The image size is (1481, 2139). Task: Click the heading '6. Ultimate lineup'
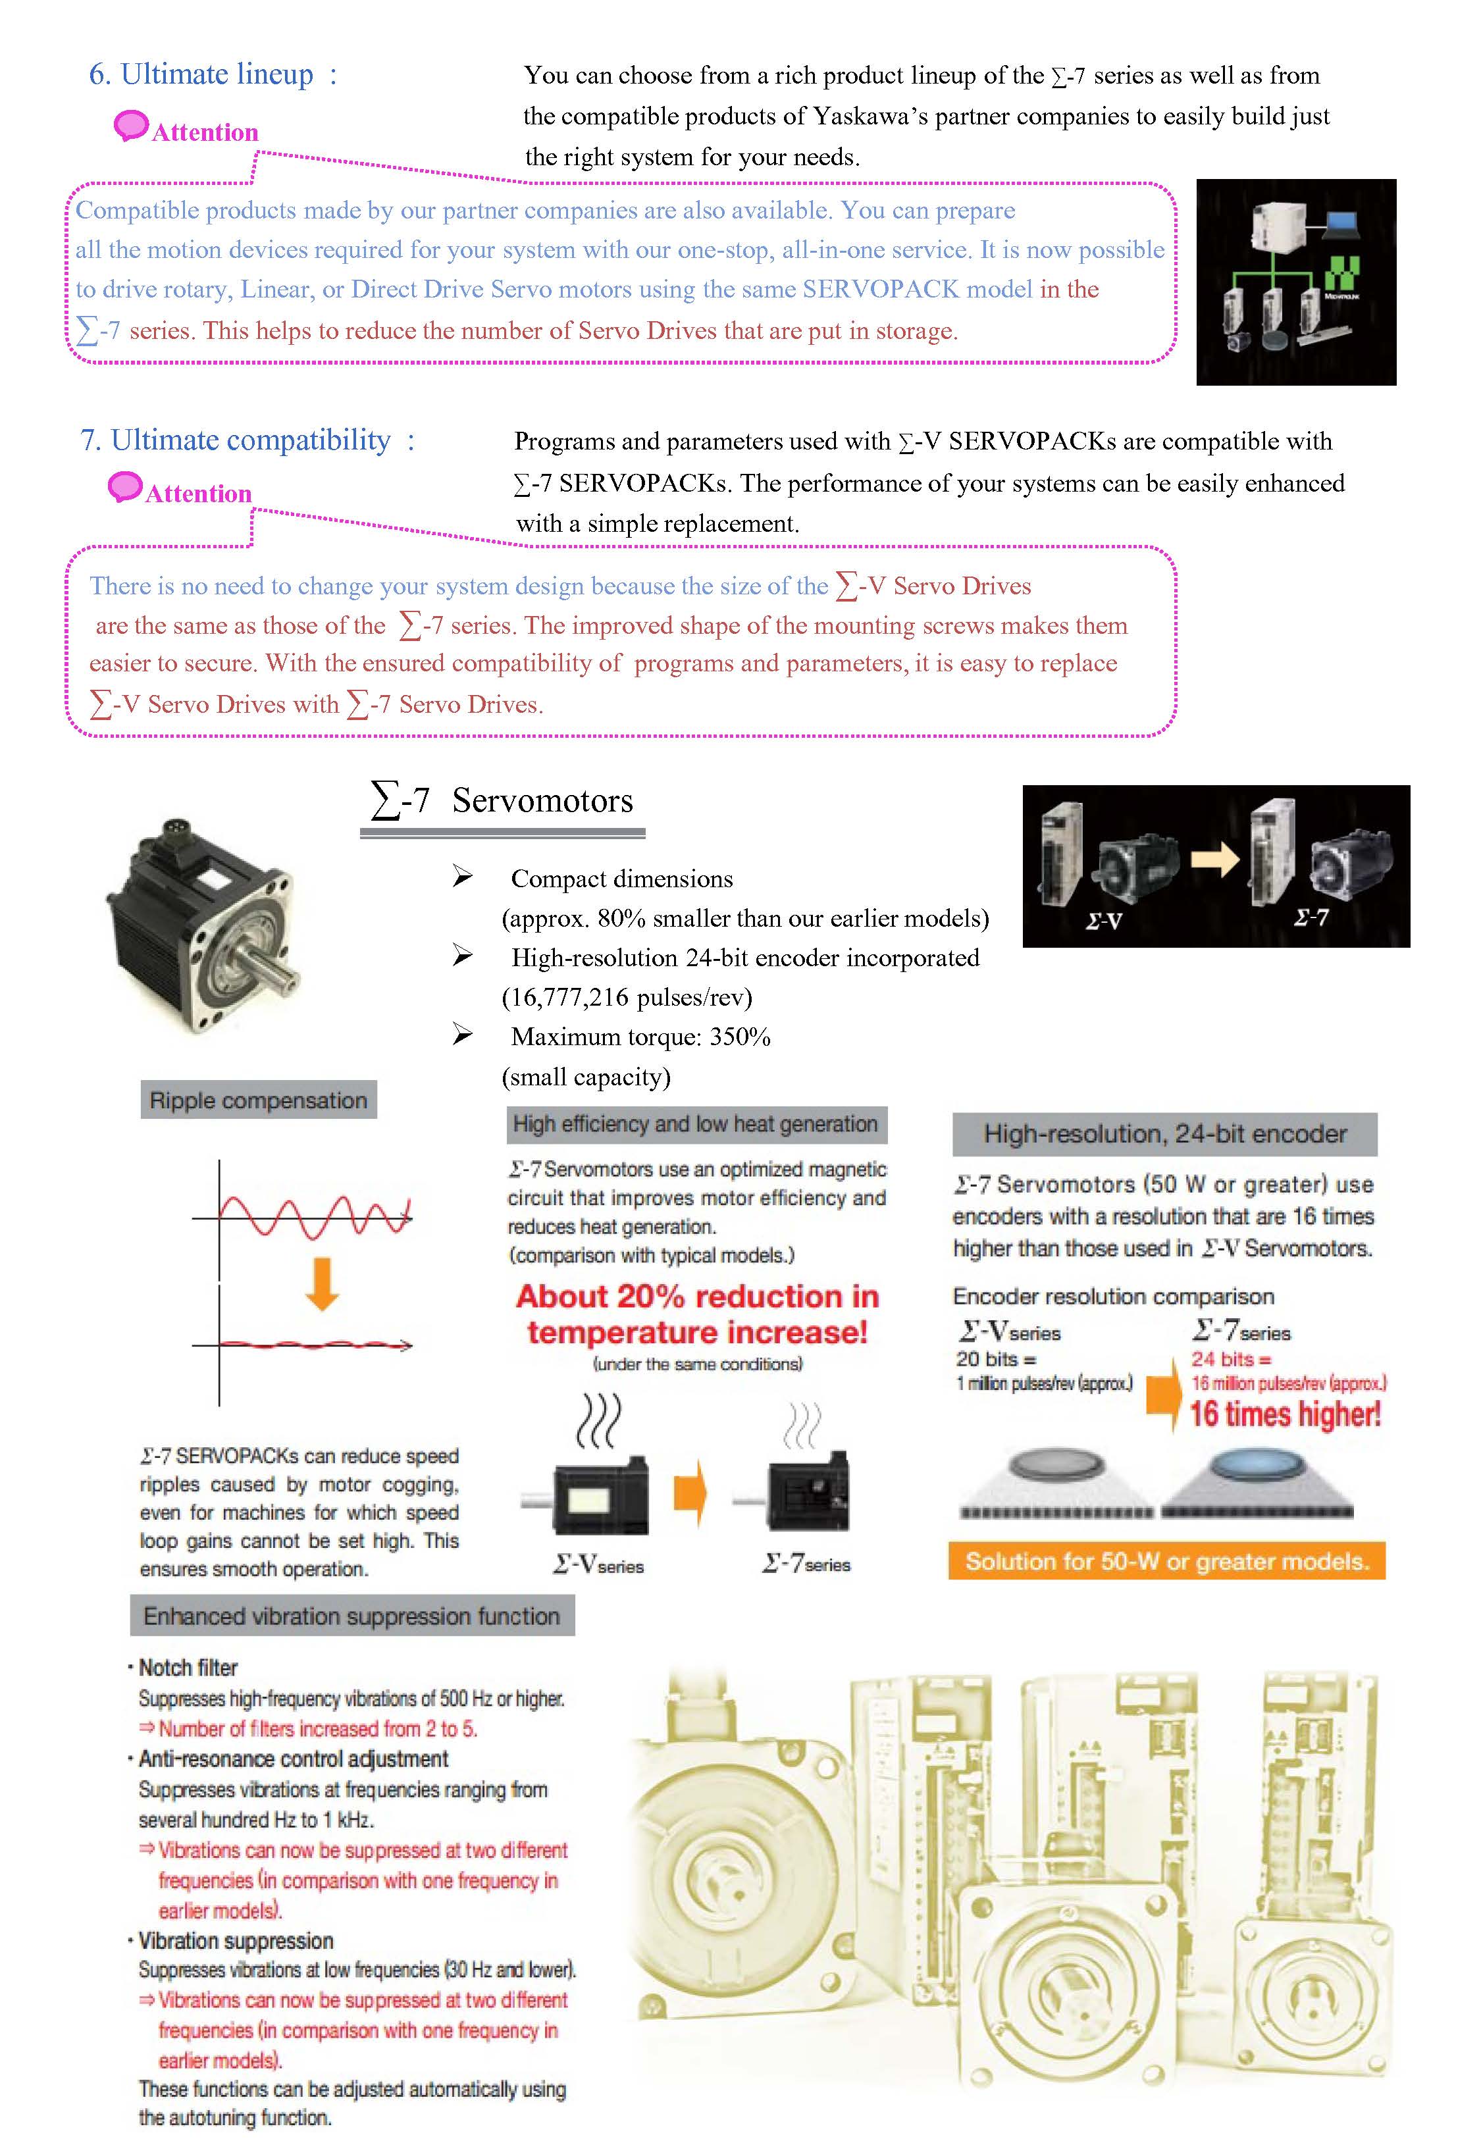tap(201, 74)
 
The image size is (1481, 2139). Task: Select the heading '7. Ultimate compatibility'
tap(236, 440)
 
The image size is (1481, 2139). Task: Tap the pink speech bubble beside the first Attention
tap(131, 125)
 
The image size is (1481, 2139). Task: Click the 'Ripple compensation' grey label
tap(258, 1100)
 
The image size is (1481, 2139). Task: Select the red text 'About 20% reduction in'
tap(697, 1296)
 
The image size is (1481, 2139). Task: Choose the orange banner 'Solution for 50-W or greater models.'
tap(1166, 1561)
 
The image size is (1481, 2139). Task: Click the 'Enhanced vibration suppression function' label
tap(351, 1616)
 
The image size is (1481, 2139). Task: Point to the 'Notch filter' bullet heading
tap(188, 1667)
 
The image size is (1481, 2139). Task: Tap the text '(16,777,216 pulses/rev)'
tap(627, 997)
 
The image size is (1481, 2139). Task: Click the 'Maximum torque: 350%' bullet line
tap(640, 1037)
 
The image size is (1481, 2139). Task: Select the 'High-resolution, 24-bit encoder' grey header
tap(1164, 1133)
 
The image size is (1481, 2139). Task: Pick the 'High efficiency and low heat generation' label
tap(696, 1124)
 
